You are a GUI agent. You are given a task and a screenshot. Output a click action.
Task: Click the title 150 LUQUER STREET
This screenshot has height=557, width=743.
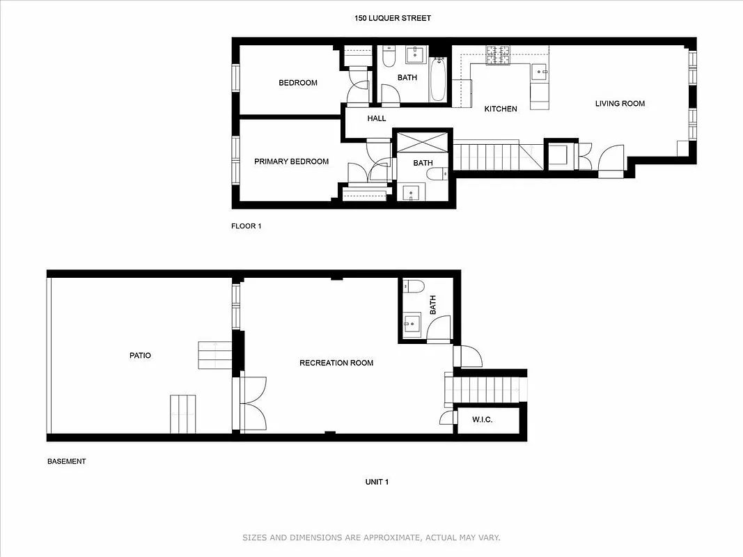pos(393,18)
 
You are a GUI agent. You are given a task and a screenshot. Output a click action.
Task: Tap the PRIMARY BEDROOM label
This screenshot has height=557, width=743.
pos(291,162)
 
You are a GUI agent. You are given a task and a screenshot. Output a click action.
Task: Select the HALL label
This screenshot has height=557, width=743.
pos(377,118)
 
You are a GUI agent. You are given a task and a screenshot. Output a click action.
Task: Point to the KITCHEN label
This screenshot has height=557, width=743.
pos(501,109)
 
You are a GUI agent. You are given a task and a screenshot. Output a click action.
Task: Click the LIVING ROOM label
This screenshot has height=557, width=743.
pos(620,104)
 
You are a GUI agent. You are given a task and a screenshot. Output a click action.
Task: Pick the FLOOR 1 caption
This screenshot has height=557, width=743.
pos(246,226)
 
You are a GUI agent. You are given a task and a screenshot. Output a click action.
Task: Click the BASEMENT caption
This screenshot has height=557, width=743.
pos(66,461)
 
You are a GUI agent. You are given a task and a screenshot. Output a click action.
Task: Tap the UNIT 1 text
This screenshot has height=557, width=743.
pos(377,482)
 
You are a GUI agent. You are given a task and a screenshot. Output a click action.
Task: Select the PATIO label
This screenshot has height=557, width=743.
pos(140,355)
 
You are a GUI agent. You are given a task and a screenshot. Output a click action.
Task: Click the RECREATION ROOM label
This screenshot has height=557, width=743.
pos(336,363)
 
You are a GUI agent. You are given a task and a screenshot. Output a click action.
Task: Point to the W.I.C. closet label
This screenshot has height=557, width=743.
pos(482,420)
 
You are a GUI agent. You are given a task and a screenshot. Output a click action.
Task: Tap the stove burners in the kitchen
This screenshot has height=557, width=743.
pos(498,54)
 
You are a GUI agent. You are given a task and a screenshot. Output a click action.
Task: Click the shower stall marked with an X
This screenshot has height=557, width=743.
pos(423,143)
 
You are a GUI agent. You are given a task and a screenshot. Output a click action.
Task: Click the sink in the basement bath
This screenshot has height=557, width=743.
pos(412,322)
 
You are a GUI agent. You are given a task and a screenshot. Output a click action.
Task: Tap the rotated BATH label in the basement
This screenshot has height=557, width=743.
pos(432,304)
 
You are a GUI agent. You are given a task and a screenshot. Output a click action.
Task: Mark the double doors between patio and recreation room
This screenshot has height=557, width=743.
pos(251,404)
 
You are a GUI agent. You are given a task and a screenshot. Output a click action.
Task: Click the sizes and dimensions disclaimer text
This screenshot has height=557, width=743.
pos(371,538)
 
